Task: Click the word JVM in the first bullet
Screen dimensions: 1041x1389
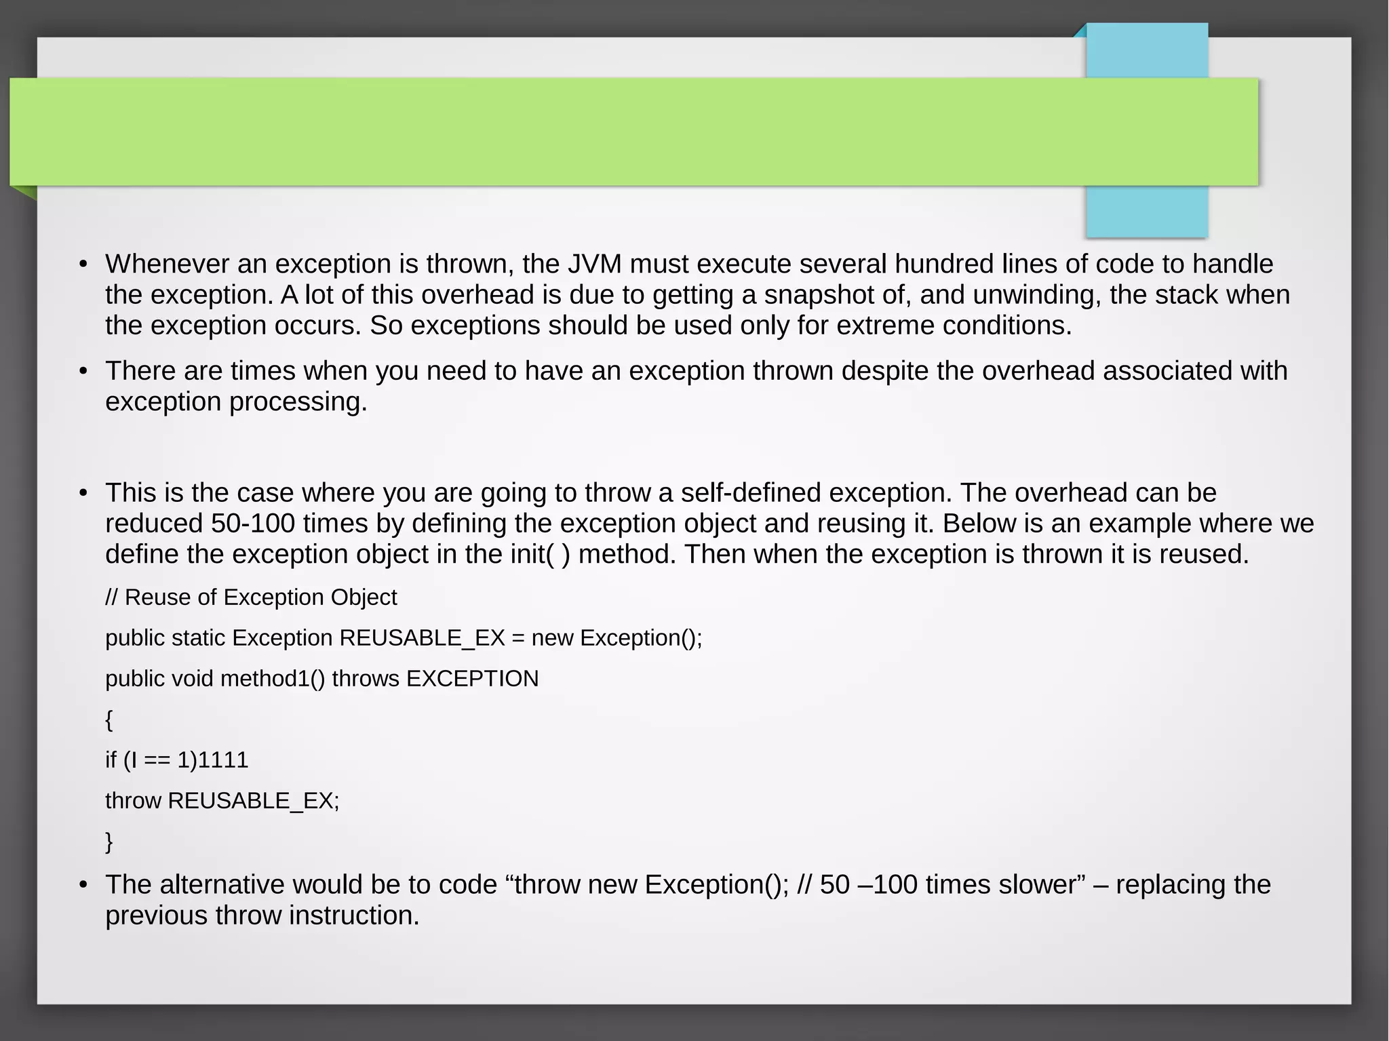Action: point(595,264)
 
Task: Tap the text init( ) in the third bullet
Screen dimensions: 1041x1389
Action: point(540,555)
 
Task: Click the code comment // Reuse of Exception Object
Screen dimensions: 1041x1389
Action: point(251,597)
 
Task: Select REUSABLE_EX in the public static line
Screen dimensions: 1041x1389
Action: point(422,638)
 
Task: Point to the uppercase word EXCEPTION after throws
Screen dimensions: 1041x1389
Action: point(472,679)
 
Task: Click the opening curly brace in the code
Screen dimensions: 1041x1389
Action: point(109,720)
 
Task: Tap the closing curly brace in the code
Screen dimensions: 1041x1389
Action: point(109,842)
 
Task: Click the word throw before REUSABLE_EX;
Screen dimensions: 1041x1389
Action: point(133,801)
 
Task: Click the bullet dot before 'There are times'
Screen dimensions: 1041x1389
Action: point(83,372)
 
